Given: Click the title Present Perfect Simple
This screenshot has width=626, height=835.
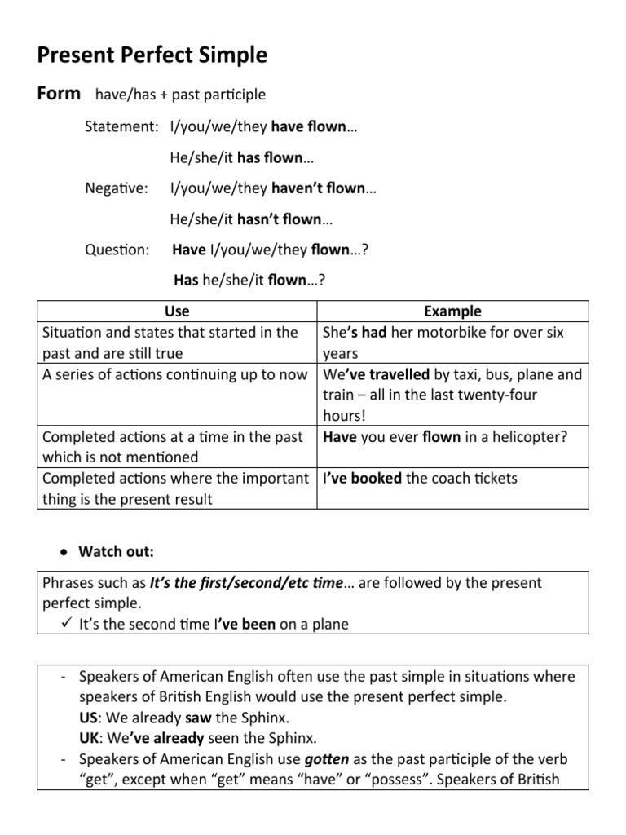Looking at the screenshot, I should [x=152, y=55].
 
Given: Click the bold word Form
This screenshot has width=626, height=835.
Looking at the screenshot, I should [x=59, y=93].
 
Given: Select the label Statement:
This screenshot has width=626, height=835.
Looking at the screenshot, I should [x=121, y=126].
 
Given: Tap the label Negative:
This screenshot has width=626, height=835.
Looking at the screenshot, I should [x=117, y=188].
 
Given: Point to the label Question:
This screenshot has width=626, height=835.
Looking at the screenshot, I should [x=117, y=250].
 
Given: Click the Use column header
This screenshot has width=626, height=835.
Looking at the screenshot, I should [x=177, y=311].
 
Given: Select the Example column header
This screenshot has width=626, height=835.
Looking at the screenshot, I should [x=452, y=311].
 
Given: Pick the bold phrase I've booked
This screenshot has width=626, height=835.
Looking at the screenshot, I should [x=362, y=478].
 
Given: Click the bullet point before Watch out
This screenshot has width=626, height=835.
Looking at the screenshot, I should [x=63, y=552].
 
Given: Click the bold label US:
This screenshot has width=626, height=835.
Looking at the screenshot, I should [x=89, y=718].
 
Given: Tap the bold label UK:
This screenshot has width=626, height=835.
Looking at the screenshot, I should [x=90, y=738].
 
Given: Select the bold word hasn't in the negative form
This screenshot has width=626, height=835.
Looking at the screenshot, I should [x=258, y=219].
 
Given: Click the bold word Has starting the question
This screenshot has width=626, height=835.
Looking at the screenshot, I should [x=186, y=281].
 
